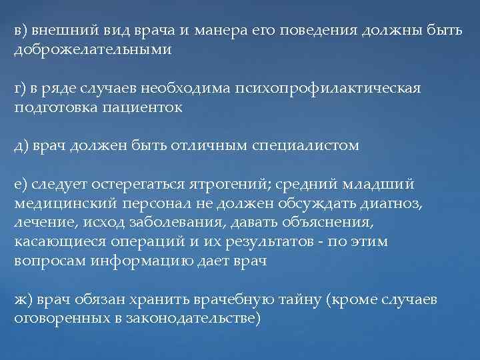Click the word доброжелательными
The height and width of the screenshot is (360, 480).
click(93, 50)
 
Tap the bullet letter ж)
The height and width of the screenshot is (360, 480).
click(24, 299)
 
